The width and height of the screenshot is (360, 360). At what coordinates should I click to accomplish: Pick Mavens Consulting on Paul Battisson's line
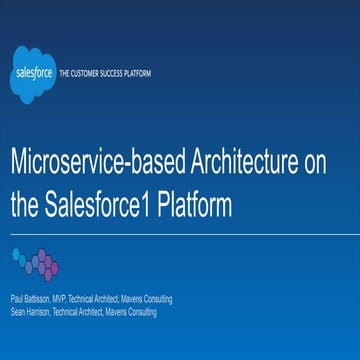click(x=145, y=299)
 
